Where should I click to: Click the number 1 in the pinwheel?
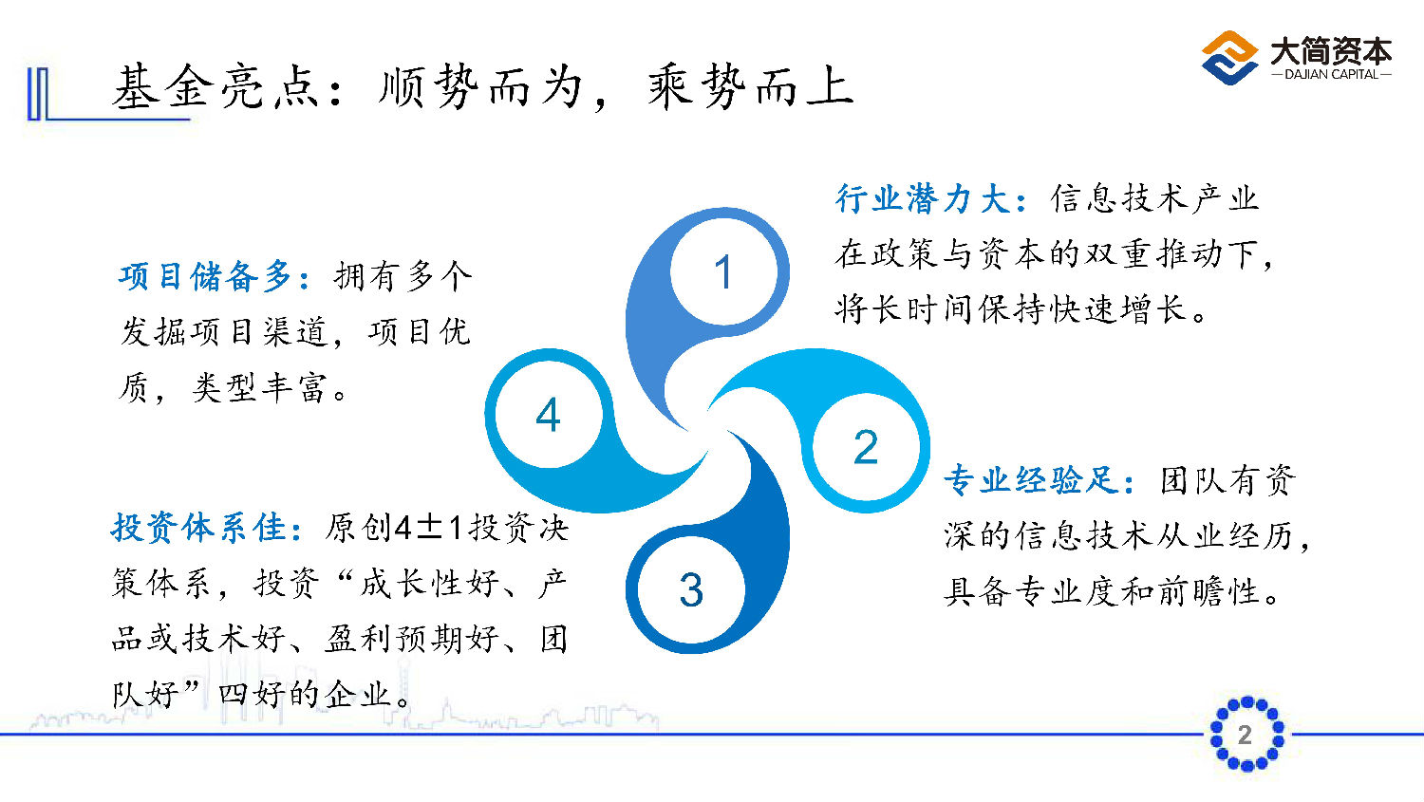[x=722, y=272]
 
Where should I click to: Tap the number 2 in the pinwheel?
[x=866, y=447]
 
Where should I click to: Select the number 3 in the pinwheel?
[x=691, y=589]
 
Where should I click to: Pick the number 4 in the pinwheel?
[x=548, y=415]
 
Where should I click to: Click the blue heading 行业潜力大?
[x=922, y=198]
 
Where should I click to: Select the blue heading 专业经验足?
[x=1030, y=479]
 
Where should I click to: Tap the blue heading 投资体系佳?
[x=198, y=528]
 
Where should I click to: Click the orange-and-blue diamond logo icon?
[x=1229, y=57]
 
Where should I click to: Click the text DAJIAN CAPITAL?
[x=1331, y=74]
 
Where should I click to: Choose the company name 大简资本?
[x=1331, y=49]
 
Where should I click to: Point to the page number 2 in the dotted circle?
[x=1245, y=735]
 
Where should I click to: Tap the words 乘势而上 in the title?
[x=750, y=87]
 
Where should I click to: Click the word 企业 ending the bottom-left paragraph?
[x=357, y=694]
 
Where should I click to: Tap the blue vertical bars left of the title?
[x=38, y=94]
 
